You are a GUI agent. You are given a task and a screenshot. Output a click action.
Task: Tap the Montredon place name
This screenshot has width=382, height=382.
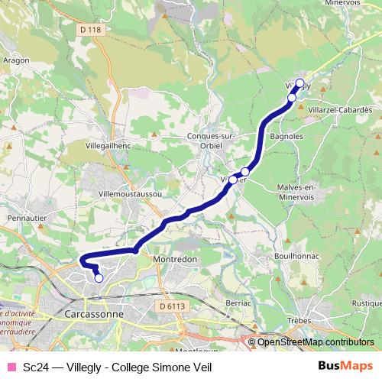coord(176,259)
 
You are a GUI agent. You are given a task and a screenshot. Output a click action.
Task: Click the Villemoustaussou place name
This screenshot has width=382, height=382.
coord(130,194)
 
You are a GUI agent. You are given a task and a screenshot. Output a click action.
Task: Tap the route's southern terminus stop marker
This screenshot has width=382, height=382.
coord(99,278)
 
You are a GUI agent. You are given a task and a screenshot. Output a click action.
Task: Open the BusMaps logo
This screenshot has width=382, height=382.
coord(345,366)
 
